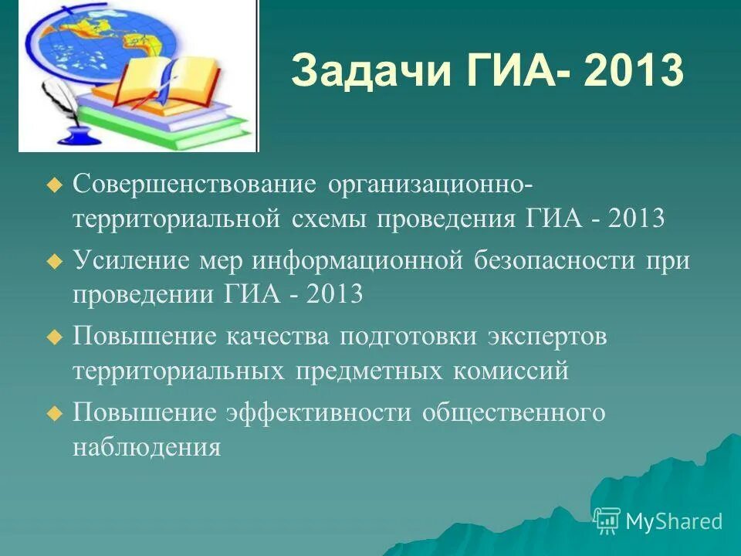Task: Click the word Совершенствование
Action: tap(195, 185)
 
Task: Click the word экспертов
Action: tap(547, 337)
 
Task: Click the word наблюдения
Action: tap(147, 447)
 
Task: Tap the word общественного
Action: tap(513, 412)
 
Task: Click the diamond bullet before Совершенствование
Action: tap(53, 185)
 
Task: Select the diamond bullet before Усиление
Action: tap(53, 261)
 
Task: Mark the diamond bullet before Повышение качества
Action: tap(53, 337)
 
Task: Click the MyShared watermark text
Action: tap(673, 521)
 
